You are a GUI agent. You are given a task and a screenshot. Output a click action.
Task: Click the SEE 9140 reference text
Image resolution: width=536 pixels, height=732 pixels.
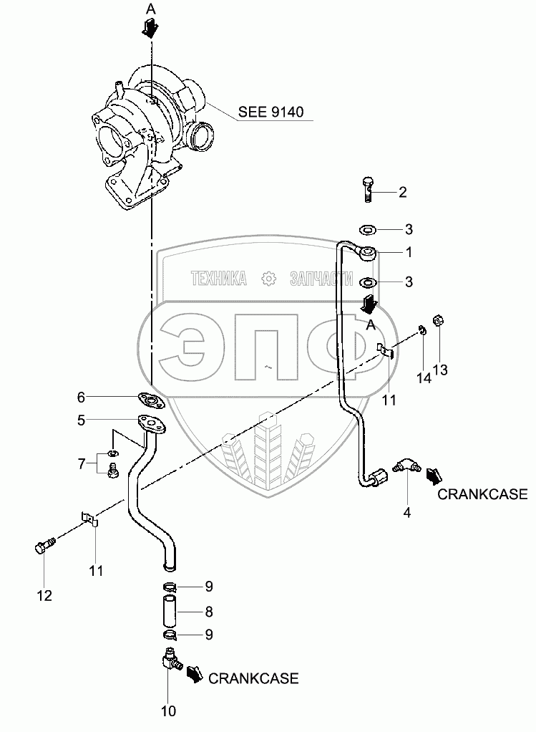[271, 112]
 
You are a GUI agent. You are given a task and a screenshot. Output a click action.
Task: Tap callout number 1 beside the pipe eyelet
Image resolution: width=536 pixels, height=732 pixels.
[409, 252]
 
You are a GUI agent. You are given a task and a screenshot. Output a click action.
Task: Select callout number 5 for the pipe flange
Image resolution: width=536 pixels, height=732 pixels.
[81, 420]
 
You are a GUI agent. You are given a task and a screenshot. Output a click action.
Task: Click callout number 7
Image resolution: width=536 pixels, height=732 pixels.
[81, 463]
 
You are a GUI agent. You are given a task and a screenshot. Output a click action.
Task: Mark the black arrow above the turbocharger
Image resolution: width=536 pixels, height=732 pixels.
[150, 27]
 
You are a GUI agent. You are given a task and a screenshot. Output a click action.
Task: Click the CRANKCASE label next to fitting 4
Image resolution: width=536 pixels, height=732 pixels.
[482, 493]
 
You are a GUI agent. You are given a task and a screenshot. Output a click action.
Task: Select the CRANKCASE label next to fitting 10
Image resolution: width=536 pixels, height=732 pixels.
[253, 678]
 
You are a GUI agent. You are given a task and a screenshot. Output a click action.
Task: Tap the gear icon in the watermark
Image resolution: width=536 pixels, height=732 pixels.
[268, 279]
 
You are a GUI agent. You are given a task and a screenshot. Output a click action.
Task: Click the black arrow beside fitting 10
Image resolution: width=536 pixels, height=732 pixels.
[194, 673]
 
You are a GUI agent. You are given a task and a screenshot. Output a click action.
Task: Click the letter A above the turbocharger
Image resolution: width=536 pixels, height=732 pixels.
[150, 9]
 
